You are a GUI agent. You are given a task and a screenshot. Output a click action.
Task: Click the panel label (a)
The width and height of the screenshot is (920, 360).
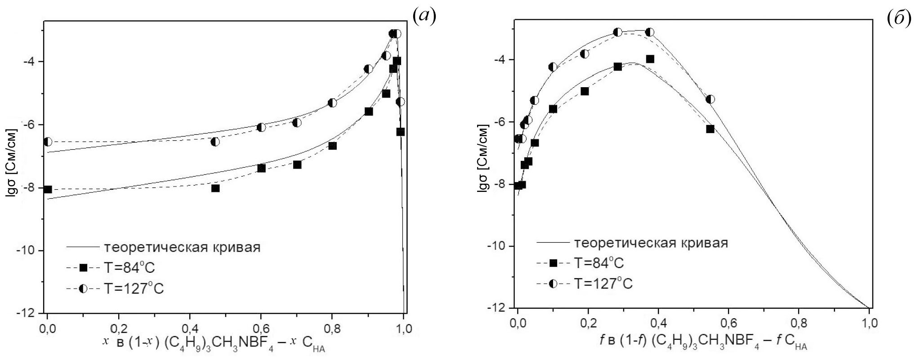click(x=424, y=17)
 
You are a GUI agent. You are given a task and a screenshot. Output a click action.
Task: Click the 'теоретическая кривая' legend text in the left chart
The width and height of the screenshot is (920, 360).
click(x=182, y=247)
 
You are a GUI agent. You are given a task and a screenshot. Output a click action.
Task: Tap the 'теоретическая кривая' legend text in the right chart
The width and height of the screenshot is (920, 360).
click(x=651, y=243)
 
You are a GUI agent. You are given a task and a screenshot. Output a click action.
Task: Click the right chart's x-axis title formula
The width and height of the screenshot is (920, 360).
click(x=691, y=342)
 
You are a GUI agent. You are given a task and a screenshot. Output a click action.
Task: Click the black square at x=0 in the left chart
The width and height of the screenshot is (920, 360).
click(x=47, y=190)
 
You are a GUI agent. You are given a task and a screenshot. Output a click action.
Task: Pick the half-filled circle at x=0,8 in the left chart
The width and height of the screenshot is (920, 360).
click(x=332, y=103)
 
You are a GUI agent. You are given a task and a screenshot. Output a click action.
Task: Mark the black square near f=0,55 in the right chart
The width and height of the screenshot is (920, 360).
click(x=710, y=129)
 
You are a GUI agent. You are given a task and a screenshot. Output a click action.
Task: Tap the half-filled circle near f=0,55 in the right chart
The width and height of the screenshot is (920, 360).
click(x=710, y=99)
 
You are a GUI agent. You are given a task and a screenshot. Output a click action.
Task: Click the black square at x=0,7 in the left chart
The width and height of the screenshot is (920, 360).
click(x=297, y=165)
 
